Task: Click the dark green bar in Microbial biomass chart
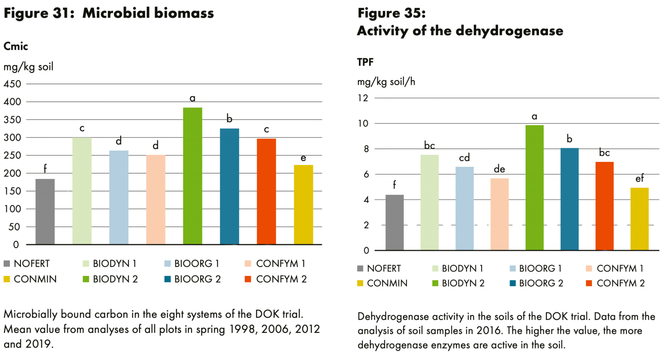click(193, 176)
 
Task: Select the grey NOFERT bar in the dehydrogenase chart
click(394, 222)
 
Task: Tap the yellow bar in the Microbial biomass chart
click(304, 204)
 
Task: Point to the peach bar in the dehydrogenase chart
click(500, 214)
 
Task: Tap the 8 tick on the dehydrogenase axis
click(367, 149)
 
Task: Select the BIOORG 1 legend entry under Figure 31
click(191, 263)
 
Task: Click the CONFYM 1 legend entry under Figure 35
click(614, 268)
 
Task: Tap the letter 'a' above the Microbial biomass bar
click(193, 97)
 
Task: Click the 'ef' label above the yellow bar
click(639, 178)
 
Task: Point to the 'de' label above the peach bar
click(499, 169)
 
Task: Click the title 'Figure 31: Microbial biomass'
click(108, 13)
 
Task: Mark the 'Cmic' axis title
click(13, 46)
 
